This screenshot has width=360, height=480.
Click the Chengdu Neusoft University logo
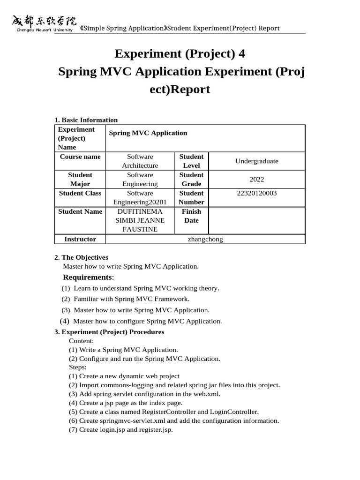pos(42,23)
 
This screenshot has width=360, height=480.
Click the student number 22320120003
pos(257,193)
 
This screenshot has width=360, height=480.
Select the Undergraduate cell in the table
pos(256,161)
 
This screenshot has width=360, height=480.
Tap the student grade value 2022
pos(257,179)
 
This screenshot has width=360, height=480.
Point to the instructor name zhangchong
pos(205,239)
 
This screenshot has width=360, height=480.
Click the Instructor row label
pos(80,239)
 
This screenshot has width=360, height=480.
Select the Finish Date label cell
pos(191,216)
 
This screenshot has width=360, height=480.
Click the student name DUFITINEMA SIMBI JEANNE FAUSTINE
pos(140,220)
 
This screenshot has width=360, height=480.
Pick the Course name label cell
pos(80,157)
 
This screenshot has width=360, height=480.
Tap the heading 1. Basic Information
pos(86,120)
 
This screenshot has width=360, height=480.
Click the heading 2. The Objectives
pos(81,257)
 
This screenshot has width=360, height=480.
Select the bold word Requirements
pos(87,277)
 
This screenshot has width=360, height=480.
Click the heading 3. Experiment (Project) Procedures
pos(109,332)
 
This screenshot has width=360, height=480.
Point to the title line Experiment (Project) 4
pos(180,54)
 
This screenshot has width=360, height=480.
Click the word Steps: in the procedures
pos(78,367)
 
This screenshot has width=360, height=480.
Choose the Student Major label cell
pos(80,179)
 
